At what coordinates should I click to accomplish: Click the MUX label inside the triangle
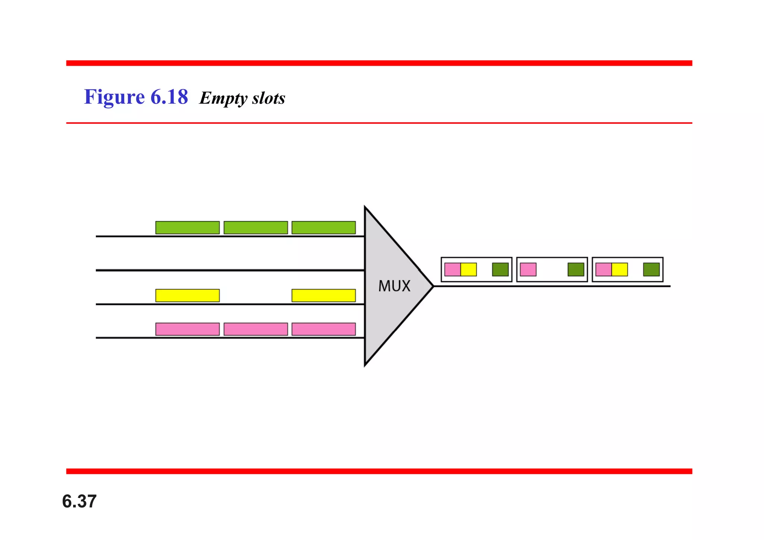[x=394, y=286]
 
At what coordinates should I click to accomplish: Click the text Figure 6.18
[x=136, y=97]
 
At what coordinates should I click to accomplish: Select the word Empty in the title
[x=223, y=98]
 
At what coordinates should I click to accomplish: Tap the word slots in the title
[x=269, y=98]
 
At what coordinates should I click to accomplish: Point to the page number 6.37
[x=79, y=501]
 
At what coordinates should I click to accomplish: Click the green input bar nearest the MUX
[x=323, y=227]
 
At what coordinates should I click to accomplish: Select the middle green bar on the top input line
[x=256, y=227]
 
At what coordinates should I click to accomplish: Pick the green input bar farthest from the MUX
[x=187, y=227]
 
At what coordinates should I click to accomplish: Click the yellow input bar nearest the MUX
[x=323, y=295]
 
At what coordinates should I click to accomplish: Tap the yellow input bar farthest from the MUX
[x=187, y=295]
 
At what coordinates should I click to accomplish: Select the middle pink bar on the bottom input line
[x=256, y=329]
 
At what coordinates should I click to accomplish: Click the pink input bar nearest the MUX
[x=323, y=329]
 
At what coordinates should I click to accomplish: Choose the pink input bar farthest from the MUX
[x=187, y=329]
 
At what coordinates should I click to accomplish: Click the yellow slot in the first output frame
[x=469, y=269]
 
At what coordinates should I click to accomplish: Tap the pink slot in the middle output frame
[x=528, y=269]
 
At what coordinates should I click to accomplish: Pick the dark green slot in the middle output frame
[x=576, y=269]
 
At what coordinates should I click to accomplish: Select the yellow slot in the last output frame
[x=620, y=269]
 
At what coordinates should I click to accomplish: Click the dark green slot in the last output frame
[x=651, y=269]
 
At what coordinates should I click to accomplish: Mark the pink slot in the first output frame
[x=453, y=269]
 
